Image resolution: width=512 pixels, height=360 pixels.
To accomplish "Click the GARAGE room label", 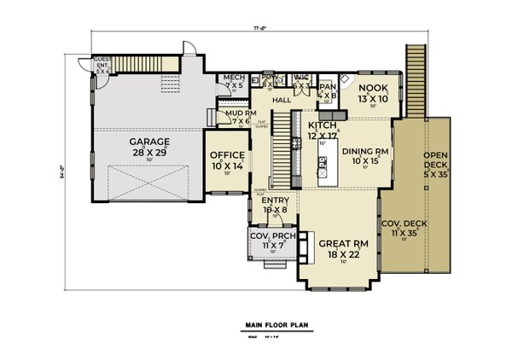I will (149, 141).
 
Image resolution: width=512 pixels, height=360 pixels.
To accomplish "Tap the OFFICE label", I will (228, 155).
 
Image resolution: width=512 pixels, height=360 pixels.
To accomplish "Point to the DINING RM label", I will (365, 151).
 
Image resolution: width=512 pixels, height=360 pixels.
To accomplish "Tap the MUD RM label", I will (236, 113).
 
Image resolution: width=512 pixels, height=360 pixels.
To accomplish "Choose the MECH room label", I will (234, 78).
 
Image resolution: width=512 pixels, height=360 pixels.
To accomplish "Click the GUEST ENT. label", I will (102, 62).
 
